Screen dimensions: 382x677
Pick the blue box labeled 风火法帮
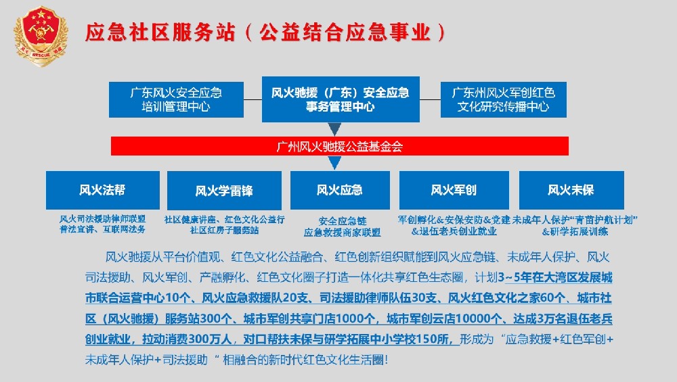[102, 190]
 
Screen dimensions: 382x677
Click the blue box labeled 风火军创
[454, 190]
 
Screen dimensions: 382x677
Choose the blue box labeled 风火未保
[571, 190]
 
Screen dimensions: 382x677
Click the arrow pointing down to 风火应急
[334, 163]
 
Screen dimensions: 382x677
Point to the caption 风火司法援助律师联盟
[102, 219]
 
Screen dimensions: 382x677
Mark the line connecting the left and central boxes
[253, 99]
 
